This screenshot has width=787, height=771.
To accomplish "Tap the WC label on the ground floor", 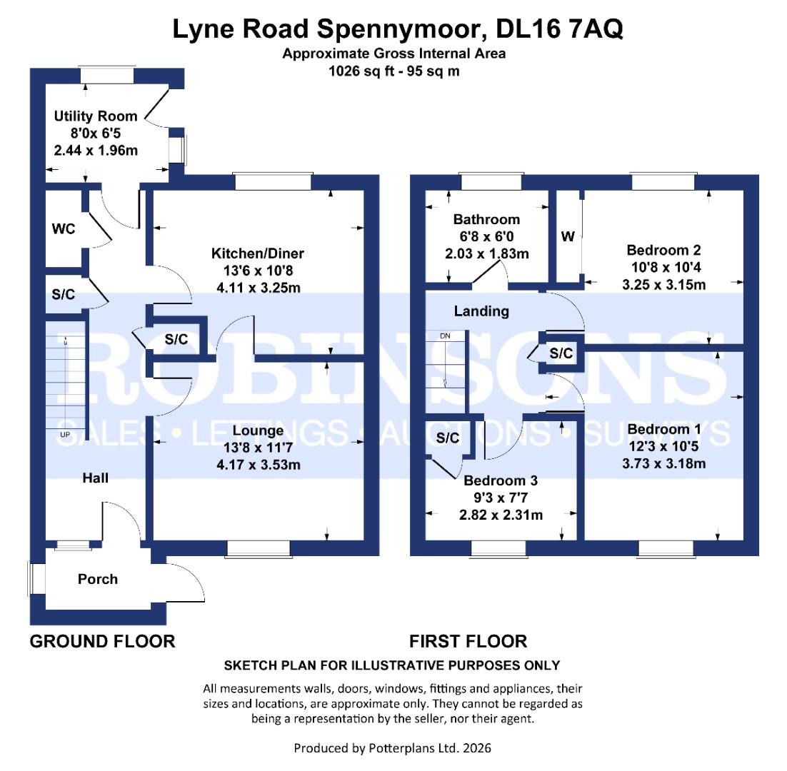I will (63, 229).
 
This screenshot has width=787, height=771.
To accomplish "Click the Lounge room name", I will (257, 430).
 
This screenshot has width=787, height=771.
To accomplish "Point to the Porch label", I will (98, 579).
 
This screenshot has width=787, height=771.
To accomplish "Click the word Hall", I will (95, 478).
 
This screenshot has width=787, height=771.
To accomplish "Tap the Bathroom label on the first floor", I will (486, 219).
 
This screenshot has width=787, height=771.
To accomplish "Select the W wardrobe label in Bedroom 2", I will (568, 237).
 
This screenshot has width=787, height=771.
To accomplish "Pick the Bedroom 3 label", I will (501, 481).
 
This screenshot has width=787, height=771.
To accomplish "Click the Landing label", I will (482, 311).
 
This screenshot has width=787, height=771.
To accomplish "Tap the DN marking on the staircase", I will (445, 336).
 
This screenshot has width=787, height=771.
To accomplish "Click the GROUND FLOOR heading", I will (102, 641).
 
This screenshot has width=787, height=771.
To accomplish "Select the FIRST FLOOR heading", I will (468, 641).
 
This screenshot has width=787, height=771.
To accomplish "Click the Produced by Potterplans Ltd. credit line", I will (392, 748).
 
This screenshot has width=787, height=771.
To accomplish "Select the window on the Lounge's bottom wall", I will (259, 548).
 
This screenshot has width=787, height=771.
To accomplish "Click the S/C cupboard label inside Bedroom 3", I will (448, 438).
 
